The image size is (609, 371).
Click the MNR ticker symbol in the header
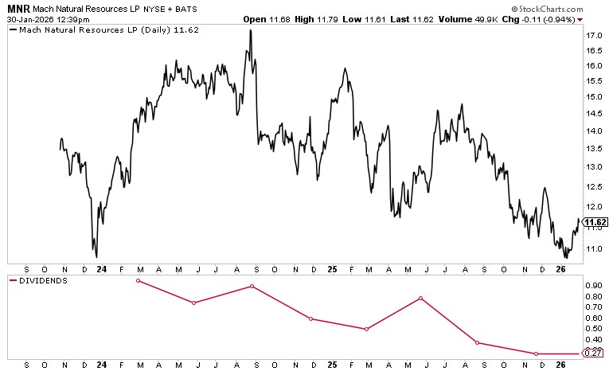[x=17, y=6]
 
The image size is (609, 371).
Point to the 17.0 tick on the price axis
[x=593, y=36]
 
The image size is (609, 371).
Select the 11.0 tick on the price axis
[x=593, y=249]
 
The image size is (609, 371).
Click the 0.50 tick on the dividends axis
[x=593, y=328]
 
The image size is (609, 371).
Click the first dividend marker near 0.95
[x=138, y=280]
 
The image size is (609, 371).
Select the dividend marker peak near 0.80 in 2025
[x=420, y=298]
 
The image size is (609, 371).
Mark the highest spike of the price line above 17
[x=251, y=30]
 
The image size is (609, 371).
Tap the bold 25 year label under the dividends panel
[x=332, y=365]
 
